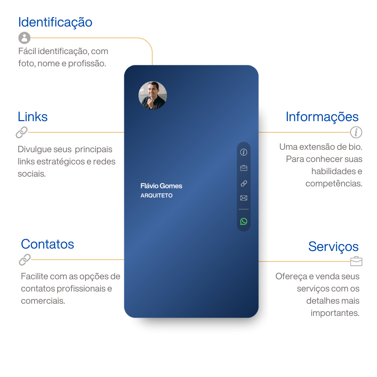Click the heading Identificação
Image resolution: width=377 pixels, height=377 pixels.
55,23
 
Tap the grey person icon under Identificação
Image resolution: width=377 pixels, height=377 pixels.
24,38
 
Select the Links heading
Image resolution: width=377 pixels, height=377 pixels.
33,117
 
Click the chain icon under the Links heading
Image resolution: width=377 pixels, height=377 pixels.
22,133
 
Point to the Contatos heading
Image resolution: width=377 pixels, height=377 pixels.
47,244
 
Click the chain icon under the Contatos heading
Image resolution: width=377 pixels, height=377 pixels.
25,260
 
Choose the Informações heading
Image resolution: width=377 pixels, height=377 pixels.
322,117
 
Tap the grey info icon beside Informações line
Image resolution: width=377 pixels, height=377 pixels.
356,132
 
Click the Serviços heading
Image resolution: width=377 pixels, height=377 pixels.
333,247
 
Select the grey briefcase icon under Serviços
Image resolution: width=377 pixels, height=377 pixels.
356,261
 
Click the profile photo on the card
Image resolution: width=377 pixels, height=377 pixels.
153,95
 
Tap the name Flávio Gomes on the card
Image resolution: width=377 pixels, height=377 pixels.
161,186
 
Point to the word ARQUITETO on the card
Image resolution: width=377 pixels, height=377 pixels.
156,195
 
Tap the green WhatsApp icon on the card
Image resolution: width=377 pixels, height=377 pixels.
244,221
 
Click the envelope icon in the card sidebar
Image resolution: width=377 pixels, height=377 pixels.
244,198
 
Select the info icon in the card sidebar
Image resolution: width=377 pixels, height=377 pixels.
244,152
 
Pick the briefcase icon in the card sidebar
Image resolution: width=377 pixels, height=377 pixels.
244,168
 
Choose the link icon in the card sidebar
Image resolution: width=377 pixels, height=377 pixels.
244,184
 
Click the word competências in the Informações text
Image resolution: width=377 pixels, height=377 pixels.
334,184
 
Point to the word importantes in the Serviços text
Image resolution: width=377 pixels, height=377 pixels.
335,313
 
